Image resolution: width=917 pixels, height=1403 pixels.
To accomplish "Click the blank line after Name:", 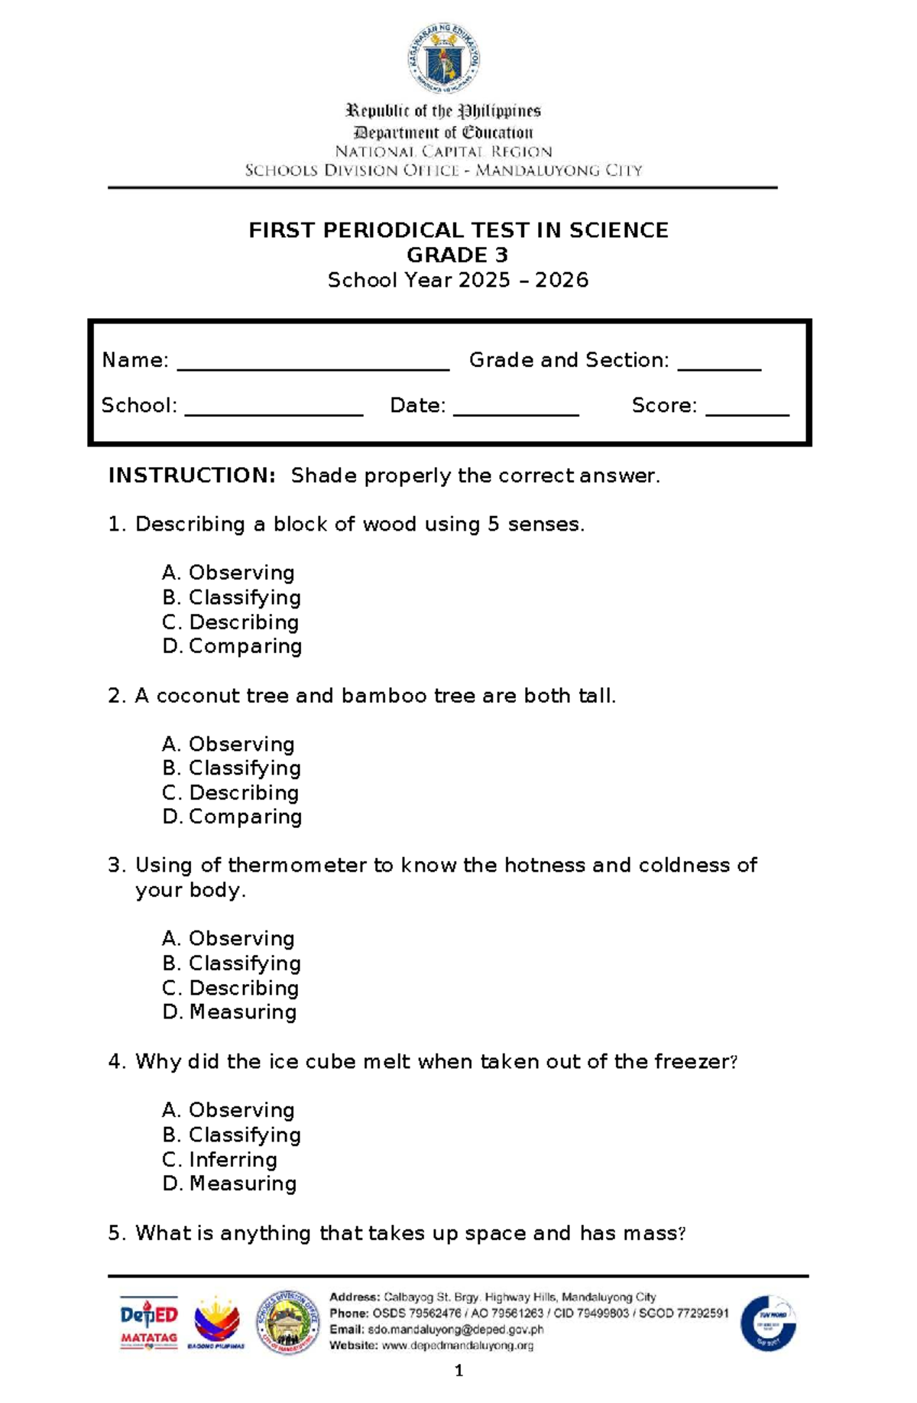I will click(x=313, y=368).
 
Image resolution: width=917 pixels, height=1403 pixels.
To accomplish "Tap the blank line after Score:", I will click(x=747, y=413).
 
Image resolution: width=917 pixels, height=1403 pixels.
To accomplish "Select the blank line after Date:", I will click(x=516, y=413).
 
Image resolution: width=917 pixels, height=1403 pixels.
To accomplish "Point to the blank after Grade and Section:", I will click(x=719, y=368).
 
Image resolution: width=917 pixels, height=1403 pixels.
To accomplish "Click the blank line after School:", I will click(x=274, y=413).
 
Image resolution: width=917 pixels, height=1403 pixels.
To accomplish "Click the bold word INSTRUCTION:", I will click(x=192, y=476).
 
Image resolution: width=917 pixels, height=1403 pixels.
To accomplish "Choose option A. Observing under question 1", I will click(x=228, y=573).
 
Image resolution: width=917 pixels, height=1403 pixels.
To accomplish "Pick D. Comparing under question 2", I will click(x=232, y=817).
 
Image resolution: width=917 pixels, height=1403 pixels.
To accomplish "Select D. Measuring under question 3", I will click(x=229, y=1012).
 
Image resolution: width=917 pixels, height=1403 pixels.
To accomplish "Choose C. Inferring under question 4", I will click(x=220, y=1159).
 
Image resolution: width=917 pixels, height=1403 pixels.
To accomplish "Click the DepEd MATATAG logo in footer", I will click(x=149, y=1323).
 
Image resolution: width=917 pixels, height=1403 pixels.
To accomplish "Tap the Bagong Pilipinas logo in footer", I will click(x=216, y=1323).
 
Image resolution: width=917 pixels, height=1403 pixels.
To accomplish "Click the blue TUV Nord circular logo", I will click(x=768, y=1323).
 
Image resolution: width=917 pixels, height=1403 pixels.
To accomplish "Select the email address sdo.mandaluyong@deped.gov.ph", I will click(x=455, y=1330).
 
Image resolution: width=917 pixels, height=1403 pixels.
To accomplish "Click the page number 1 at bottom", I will click(x=458, y=1371).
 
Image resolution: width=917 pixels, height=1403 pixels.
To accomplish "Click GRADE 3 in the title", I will click(x=457, y=255).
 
